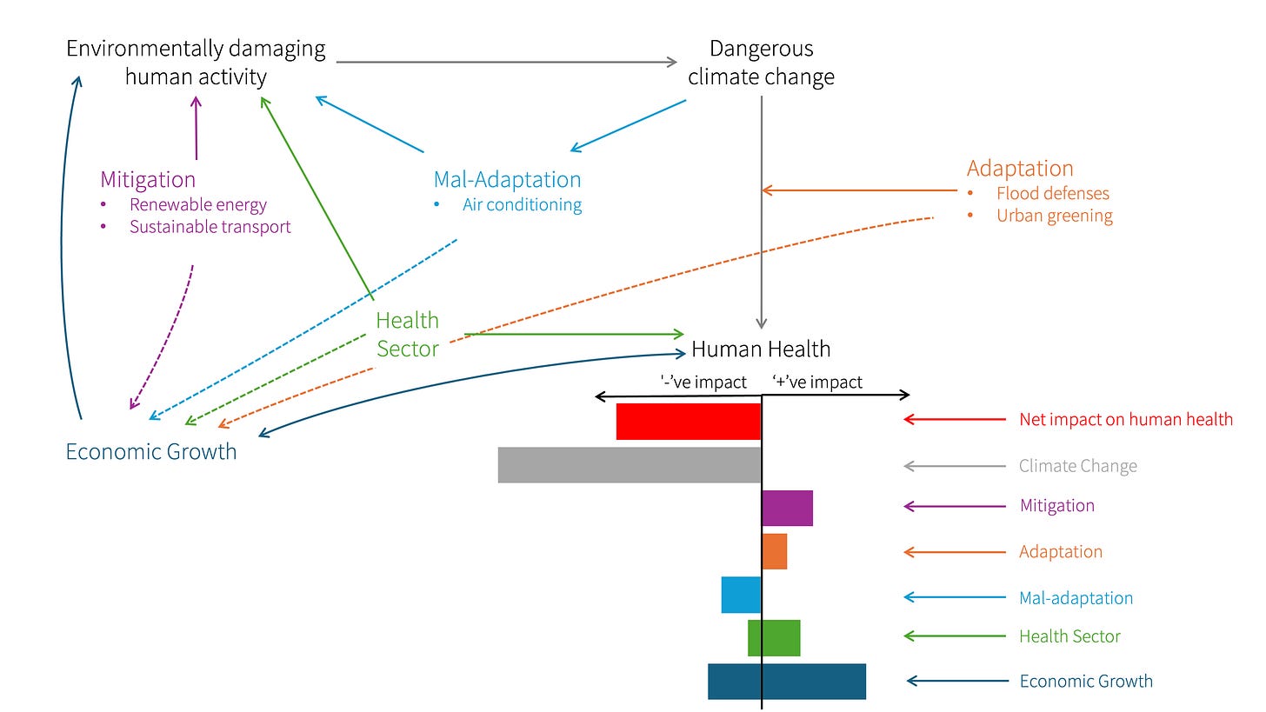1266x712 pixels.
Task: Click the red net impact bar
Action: pyautogui.click(x=689, y=422)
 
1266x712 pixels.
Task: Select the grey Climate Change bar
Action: pyautogui.click(x=630, y=465)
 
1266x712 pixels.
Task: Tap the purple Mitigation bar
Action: pyautogui.click(x=788, y=508)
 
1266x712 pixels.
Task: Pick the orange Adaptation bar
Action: pyautogui.click(x=775, y=551)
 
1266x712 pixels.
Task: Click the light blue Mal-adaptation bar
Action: pyautogui.click(x=741, y=596)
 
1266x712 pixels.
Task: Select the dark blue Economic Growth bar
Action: pyautogui.click(x=787, y=682)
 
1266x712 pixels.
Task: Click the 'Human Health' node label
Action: pyautogui.click(x=761, y=349)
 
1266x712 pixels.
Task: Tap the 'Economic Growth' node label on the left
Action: pyautogui.click(x=151, y=452)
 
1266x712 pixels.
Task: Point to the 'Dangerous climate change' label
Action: pyautogui.click(x=761, y=63)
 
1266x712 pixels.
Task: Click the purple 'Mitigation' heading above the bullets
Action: pyautogui.click(x=148, y=180)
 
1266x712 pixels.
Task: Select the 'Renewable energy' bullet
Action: pyautogui.click(x=198, y=205)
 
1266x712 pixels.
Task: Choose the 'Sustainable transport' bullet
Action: pyautogui.click(x=210, y=227)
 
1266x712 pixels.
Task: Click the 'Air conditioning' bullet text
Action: pyautogui.click(x=522, y=205)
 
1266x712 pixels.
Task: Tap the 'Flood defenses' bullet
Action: pyautogui.click(x=1053, y=194)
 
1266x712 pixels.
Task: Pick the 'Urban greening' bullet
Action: pyautogui.click(x=1055, y=216)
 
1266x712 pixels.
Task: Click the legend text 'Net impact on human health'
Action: pyautogui.click(x=1126, y=420)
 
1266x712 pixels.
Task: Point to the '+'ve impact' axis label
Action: pyautogui.click(x=817, y=382)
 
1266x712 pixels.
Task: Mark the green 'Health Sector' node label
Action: pyautogui.click(x=408, y=335)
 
